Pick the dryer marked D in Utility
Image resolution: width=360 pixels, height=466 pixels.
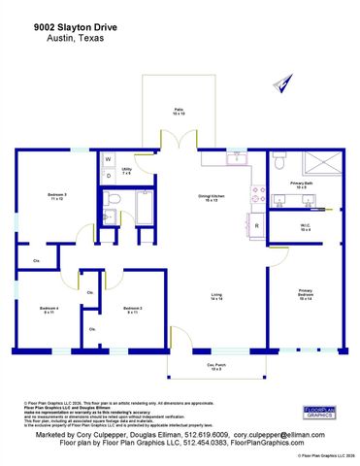coord(109,176)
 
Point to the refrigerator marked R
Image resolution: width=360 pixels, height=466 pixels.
coord(256,226)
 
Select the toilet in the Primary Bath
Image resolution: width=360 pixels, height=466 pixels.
coord(278,159)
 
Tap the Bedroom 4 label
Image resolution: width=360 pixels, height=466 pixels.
coord(49,310)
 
